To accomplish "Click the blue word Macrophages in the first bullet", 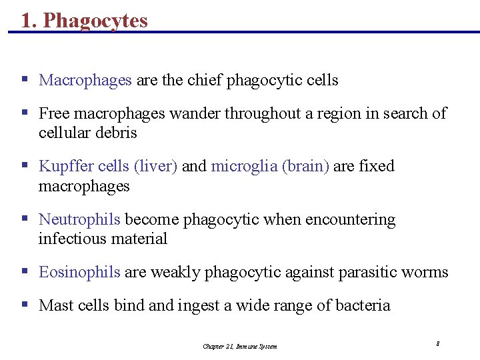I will pyautogui.click(x=85, y=81).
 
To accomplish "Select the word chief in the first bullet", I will pyautogui.click(x=204, y=81).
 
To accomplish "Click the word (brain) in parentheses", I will pyautogui.click(x=305, y=166).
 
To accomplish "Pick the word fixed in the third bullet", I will pyautogui.click(x=377, y=166).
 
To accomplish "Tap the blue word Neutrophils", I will pyautogui.click(x=80, y=219).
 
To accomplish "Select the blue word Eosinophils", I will pyautogui.click(x=80, y=273).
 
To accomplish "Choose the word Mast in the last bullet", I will pyautogui.click(x=55, y=306).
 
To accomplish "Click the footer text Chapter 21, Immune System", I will pyautogui.click(x=240, y=346).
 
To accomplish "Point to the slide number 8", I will pyautogui.click(x=437, y=344).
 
